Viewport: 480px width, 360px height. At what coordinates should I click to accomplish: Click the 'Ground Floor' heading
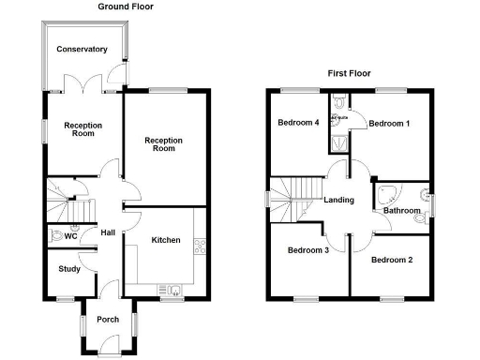point(127,7)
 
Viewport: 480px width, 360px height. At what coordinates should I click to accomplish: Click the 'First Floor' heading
point(349,72)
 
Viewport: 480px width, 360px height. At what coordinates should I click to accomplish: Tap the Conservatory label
point(81,50)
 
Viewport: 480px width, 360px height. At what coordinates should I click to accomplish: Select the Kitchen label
point(166,241)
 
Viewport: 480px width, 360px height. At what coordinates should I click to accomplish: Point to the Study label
point(68,269)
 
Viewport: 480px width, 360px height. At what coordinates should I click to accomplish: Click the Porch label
point(108,320)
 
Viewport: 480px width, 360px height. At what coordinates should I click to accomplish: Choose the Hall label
point(107,233)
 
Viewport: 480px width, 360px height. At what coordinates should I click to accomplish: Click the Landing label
point(338,200)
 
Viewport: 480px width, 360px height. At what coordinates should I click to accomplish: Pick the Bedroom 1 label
point(388,124)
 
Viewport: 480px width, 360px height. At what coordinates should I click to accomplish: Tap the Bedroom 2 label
point(392,259)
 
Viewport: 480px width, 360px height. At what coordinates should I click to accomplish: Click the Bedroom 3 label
point(307,250)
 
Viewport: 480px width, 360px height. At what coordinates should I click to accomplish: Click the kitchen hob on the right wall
point(199,247)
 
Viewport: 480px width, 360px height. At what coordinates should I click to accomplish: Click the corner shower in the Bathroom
point(385,195)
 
